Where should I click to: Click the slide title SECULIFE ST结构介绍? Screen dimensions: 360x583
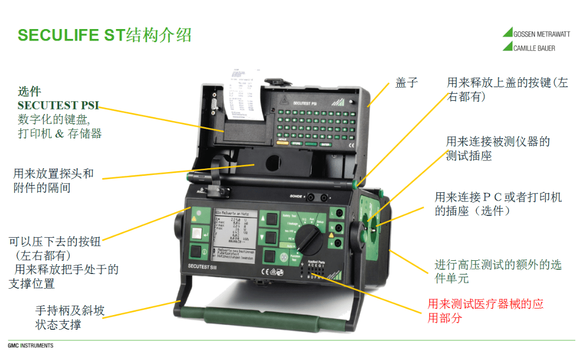click(x=105, y=35)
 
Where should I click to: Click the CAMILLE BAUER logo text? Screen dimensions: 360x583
click(x=534, y=48)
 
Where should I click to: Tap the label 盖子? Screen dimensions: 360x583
click(x=407, y=83)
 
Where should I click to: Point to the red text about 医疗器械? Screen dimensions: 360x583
click(x=485, y=311)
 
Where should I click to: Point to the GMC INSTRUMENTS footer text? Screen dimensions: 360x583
click(x=30, y=346)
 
